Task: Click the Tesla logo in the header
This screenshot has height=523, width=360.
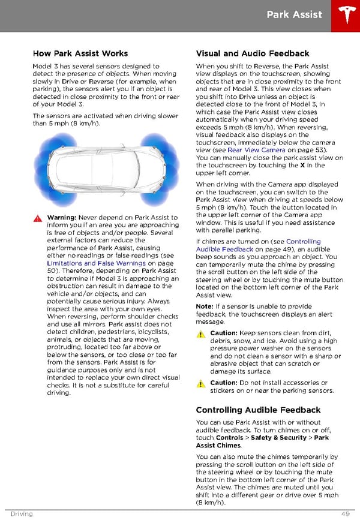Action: click(344, 15)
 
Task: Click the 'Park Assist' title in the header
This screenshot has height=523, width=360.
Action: click(294, 14)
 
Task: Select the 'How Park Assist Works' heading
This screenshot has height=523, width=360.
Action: click(80, 53)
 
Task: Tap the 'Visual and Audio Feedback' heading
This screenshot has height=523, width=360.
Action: click(253, 53)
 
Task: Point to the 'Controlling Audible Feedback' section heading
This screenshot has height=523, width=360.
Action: click(258, 410)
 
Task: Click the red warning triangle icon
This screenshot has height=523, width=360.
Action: click(38, 218)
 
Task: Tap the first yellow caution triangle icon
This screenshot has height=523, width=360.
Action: click(201, 333)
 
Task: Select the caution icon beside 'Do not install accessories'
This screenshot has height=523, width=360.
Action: click(201, 383)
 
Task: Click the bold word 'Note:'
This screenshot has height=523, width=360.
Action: click(205, 306)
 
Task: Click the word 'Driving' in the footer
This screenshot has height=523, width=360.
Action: click(21, 514)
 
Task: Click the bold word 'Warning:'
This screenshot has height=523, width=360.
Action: click(61, 218)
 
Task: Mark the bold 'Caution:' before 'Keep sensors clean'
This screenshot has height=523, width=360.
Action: click(224, 333)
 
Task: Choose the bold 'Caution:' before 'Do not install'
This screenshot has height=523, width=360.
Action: click(224, 383)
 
